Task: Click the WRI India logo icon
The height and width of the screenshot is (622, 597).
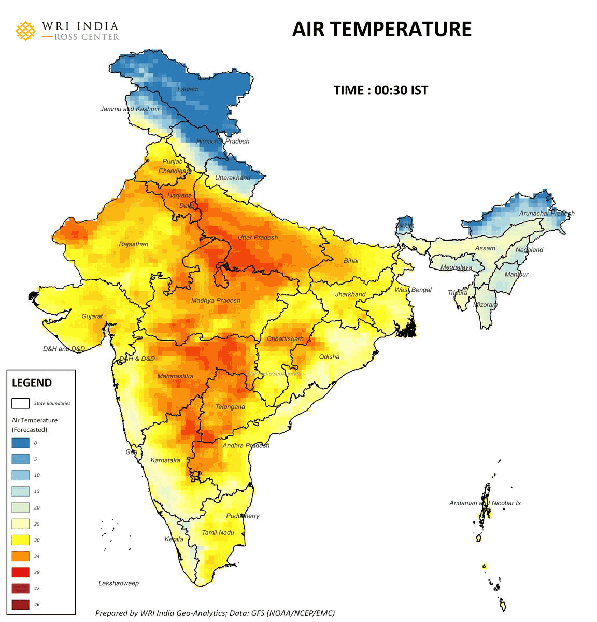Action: click(25, 31)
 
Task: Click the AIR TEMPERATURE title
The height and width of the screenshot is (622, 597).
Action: click(382, 29)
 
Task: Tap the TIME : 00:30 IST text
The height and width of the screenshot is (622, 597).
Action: click(381, 90)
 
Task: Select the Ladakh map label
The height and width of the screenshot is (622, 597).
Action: click(188, 89)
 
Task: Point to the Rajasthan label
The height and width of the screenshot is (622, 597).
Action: click(133, 244)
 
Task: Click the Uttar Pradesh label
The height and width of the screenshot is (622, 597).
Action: click(258, 238)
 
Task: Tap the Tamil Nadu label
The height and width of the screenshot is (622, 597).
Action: click(218, 533)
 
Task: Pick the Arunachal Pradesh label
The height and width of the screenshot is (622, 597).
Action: click(546, 213)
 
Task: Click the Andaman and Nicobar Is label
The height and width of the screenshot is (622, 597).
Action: click(485, 503)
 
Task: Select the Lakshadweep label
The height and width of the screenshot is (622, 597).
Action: click(119, 583)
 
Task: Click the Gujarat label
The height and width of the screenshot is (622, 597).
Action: click(92, 316)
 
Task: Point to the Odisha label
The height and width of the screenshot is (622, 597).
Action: click(329, 357)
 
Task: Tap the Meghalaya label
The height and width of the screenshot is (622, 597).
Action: click(456, 267)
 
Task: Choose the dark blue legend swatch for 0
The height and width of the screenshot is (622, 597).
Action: click(21, 443)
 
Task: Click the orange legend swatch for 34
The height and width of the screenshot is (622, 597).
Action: click(21, 556)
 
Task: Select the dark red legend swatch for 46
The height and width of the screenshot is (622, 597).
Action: click(21, 604)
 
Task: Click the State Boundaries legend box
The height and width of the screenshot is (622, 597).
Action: click(21, 403)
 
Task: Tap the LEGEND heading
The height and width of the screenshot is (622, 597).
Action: click(32, 383)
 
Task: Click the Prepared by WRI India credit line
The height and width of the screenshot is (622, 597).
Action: click(215, 613)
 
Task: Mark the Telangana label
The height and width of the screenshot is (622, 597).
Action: click(230, 407)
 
